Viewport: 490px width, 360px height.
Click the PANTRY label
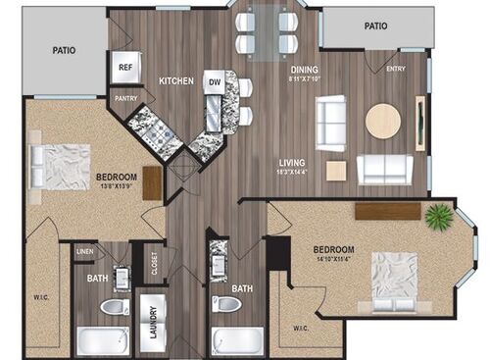125,98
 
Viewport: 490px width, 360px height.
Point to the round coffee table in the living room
382,122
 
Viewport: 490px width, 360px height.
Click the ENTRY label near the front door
396,69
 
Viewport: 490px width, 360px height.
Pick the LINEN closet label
85,252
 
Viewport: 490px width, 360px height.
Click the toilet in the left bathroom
114,307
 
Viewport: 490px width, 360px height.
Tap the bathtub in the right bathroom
237,341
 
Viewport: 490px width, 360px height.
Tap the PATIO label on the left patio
64,49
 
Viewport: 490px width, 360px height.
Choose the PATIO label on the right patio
376,26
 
